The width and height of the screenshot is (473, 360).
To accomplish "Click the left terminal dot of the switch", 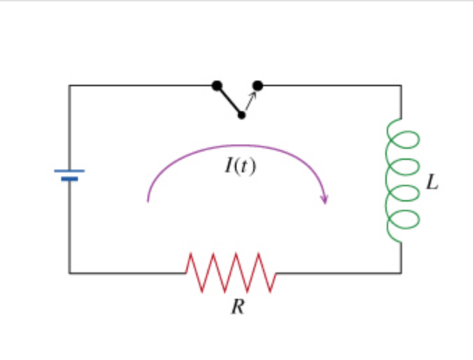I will tap(217, 85).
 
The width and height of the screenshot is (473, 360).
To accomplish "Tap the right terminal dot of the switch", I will tap(258, 85).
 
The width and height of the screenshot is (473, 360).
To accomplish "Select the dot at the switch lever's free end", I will tap(241, 115).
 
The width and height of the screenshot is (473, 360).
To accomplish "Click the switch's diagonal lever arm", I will tap(229, 100).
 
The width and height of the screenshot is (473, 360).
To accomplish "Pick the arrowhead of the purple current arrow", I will tap(324, 199).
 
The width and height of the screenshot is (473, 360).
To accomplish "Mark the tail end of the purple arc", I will tap(147, 201).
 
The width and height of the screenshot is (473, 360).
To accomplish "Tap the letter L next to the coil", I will tap(433, 183).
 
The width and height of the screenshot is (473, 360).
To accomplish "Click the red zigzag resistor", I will tap(231, 272).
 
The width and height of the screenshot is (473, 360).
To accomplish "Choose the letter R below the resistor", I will tap(238, 306).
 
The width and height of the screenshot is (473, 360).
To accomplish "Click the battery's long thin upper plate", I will tap(70, 170).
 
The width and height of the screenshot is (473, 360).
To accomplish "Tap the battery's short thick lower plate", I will tap(70, 179).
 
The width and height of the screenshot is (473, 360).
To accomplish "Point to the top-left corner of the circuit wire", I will tap(70, 85).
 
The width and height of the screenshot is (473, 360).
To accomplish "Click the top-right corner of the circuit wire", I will tap(401, 85).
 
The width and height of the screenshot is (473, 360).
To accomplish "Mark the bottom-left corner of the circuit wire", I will tap(70, 273).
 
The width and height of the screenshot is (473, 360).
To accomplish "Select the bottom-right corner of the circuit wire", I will tap(401, 273).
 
